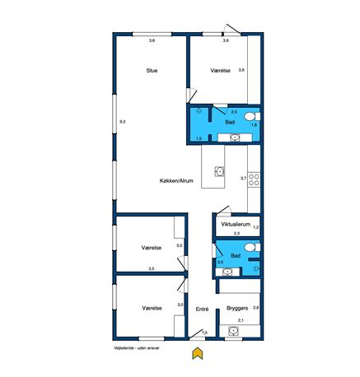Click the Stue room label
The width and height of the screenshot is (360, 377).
point(152,71)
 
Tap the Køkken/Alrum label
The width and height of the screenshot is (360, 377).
point(176,180)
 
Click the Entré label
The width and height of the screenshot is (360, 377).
point(202,309)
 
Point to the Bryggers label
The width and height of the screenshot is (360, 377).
point(237,308)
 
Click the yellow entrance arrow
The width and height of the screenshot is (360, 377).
point(198,353)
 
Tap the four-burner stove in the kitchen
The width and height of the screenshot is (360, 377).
point(254,180)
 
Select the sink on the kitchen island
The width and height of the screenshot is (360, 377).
point(219,171)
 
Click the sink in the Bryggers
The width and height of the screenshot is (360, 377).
point(233,331)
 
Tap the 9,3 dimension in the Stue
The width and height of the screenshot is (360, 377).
point(123,122)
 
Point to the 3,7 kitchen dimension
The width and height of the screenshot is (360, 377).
point(243,178)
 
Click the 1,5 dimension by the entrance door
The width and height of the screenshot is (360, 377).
point(204,333)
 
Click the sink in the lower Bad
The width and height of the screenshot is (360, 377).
point(227,272)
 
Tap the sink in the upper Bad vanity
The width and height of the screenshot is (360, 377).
point(235,137)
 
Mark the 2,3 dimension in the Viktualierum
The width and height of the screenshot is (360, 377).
point(236,234)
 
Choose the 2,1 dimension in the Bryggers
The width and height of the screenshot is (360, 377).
point(241,320)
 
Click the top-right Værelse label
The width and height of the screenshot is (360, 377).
point(220,71)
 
